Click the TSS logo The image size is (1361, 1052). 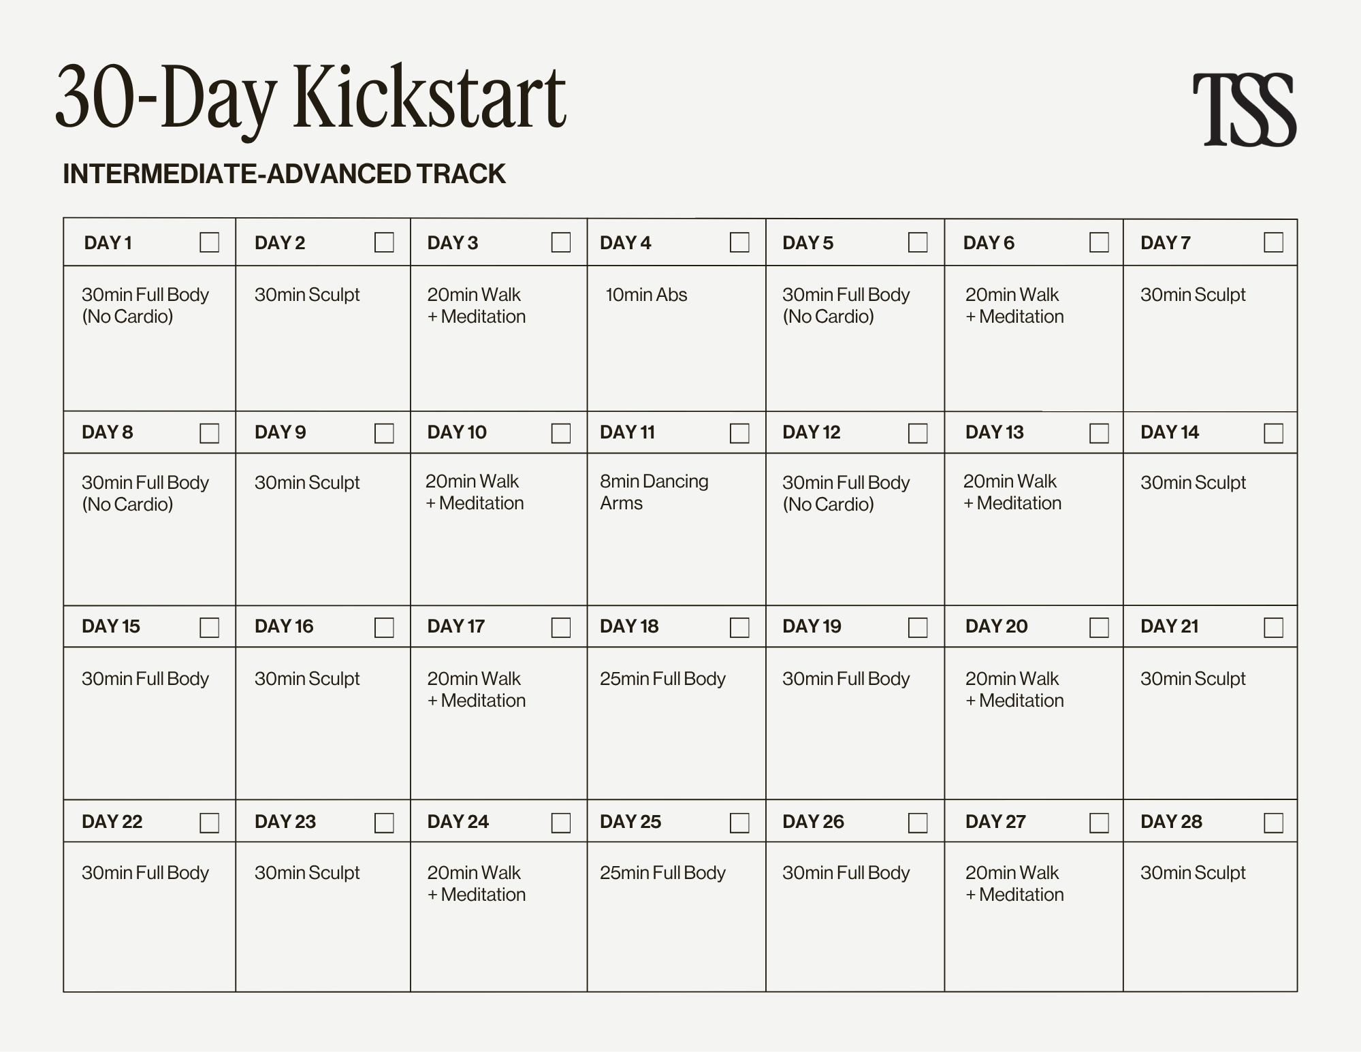point(1244,110)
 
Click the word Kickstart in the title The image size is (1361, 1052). point(429,97)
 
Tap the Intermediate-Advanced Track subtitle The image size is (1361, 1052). point(284,174)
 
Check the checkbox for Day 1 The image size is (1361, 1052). point(209,242)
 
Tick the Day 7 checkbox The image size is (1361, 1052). point(1273,242)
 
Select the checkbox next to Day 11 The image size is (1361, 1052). point(739,433)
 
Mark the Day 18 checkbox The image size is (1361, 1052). point(739,627)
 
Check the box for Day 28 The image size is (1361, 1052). point(1273,823)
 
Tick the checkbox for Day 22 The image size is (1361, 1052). point(209,823)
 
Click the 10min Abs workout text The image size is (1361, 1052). point(646,295)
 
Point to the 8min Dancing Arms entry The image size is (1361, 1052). point(654,492)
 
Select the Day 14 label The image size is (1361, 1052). point(1169,432)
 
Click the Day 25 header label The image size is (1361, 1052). point(630,822)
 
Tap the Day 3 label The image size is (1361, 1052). point(452,243)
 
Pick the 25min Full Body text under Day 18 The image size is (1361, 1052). point(662,679)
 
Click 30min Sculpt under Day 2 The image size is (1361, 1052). point(307,295)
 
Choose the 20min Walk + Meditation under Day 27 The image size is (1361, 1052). point(1014,883)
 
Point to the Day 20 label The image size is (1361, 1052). point(996,626)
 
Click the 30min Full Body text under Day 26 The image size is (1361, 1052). point(846,873)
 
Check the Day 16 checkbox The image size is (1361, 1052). point(384,627)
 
